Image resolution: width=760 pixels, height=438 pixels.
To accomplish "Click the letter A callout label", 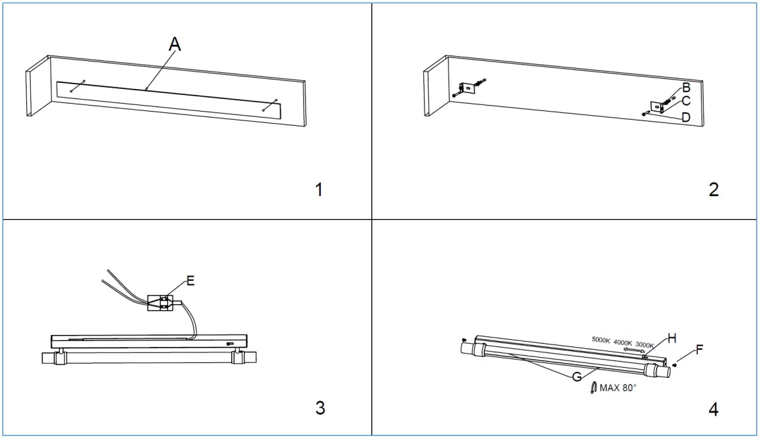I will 175,45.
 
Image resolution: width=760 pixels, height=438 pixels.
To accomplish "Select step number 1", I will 319,190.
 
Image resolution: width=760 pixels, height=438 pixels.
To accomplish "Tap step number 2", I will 714,190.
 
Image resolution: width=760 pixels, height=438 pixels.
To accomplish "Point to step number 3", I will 320,407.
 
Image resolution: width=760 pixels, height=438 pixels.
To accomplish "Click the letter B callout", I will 686,88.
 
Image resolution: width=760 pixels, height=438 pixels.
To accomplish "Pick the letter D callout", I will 686,118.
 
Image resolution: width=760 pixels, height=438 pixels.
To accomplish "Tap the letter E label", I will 191,281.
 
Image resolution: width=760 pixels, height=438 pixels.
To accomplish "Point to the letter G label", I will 576,377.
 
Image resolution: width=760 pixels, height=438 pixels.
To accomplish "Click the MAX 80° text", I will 618,388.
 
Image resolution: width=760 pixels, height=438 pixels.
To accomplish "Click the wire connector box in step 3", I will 161,303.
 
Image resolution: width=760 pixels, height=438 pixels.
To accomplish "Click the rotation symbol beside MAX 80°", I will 593,388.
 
